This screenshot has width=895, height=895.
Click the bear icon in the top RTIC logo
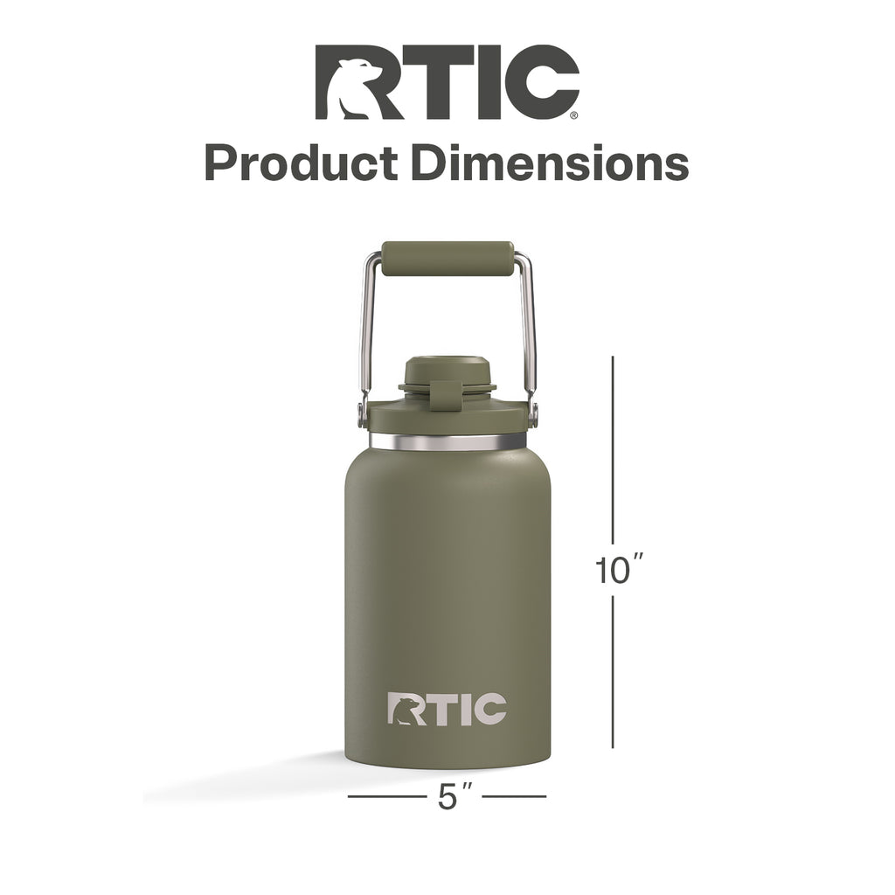(x=355, y=88)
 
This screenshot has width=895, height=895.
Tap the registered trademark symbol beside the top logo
(x=574, y=116)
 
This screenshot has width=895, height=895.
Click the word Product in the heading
(x=302, y=163)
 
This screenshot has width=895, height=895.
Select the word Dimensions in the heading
(x=551, y=163)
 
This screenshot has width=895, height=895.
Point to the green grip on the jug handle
(x=447, y=259)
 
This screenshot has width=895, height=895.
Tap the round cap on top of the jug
(x=447, y=370)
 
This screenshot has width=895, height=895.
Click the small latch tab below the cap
(x=445, y=395)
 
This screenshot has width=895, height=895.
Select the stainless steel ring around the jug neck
(x=447, y=441)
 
